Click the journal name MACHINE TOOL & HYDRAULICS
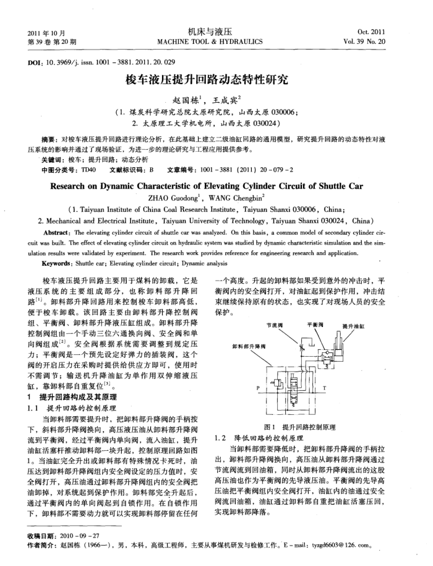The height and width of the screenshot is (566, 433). (x=210, y=42)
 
